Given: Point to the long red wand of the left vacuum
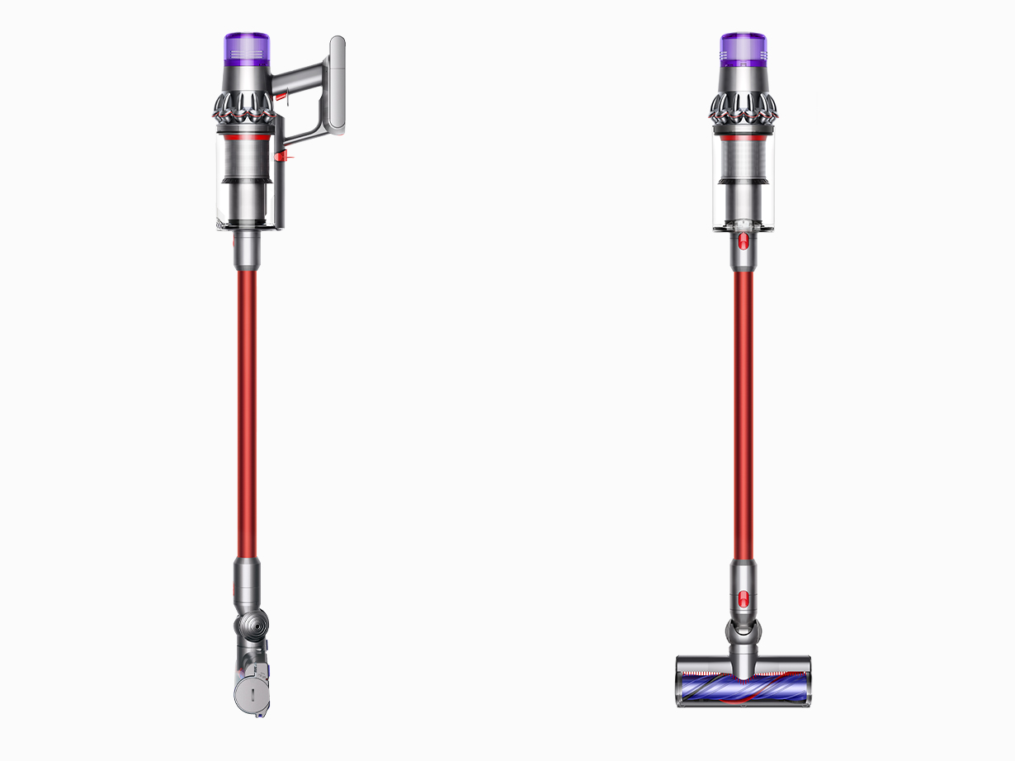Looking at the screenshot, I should point(247,413).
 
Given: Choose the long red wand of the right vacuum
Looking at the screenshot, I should point(744,413).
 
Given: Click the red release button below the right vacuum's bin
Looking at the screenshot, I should point(744,240).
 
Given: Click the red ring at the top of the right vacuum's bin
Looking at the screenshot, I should point(743,135).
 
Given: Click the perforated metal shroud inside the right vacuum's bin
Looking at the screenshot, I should point(743,157).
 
